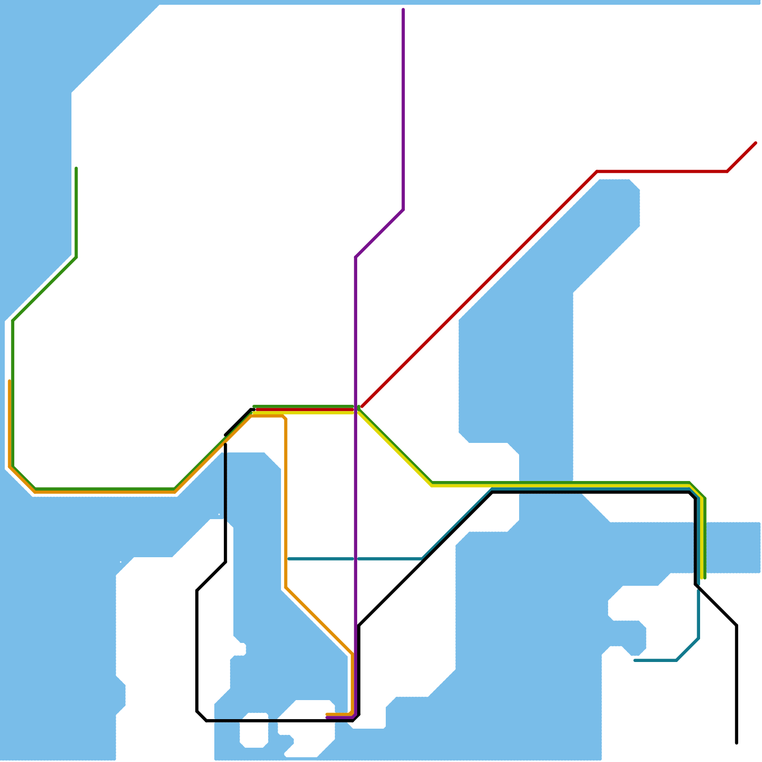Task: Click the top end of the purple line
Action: point(403,9)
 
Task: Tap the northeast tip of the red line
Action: point(756,142)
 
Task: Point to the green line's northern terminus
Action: point(76,168)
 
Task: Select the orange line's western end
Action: point(10,381)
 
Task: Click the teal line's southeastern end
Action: point(635,660)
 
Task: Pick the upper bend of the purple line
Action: point(403,210)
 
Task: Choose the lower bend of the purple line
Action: point(356,257)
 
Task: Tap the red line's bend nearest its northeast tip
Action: point(727,171)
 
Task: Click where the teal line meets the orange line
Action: point(286,559)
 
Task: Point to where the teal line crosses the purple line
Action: point(355,559)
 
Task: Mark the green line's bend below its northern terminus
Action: point(76,257)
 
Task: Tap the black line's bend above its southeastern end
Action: point(736,625)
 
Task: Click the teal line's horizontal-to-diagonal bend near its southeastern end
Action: point(677,660)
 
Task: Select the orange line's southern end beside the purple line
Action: point(327,714)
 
